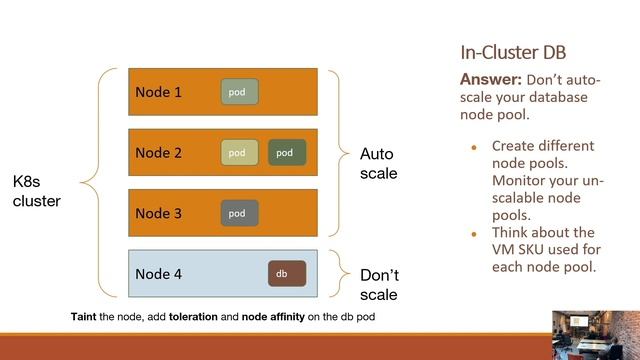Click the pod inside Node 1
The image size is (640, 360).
point(239,92)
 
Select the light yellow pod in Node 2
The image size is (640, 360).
point(239,153)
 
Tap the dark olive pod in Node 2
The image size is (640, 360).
point(286,153)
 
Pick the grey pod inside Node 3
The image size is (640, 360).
point(239,213)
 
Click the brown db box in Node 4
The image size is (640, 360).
point(286,273)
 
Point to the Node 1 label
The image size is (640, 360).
point(159,92)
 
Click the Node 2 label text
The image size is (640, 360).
point(159,153)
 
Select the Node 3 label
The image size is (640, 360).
point(159,213)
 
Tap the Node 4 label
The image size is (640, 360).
point(159,273)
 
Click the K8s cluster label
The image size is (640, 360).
point(36,192)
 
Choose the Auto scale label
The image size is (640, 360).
point(378,163)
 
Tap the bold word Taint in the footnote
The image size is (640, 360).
point(82,316)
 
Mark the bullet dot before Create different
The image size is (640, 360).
point(475,147)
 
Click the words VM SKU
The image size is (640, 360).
point(517,250)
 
